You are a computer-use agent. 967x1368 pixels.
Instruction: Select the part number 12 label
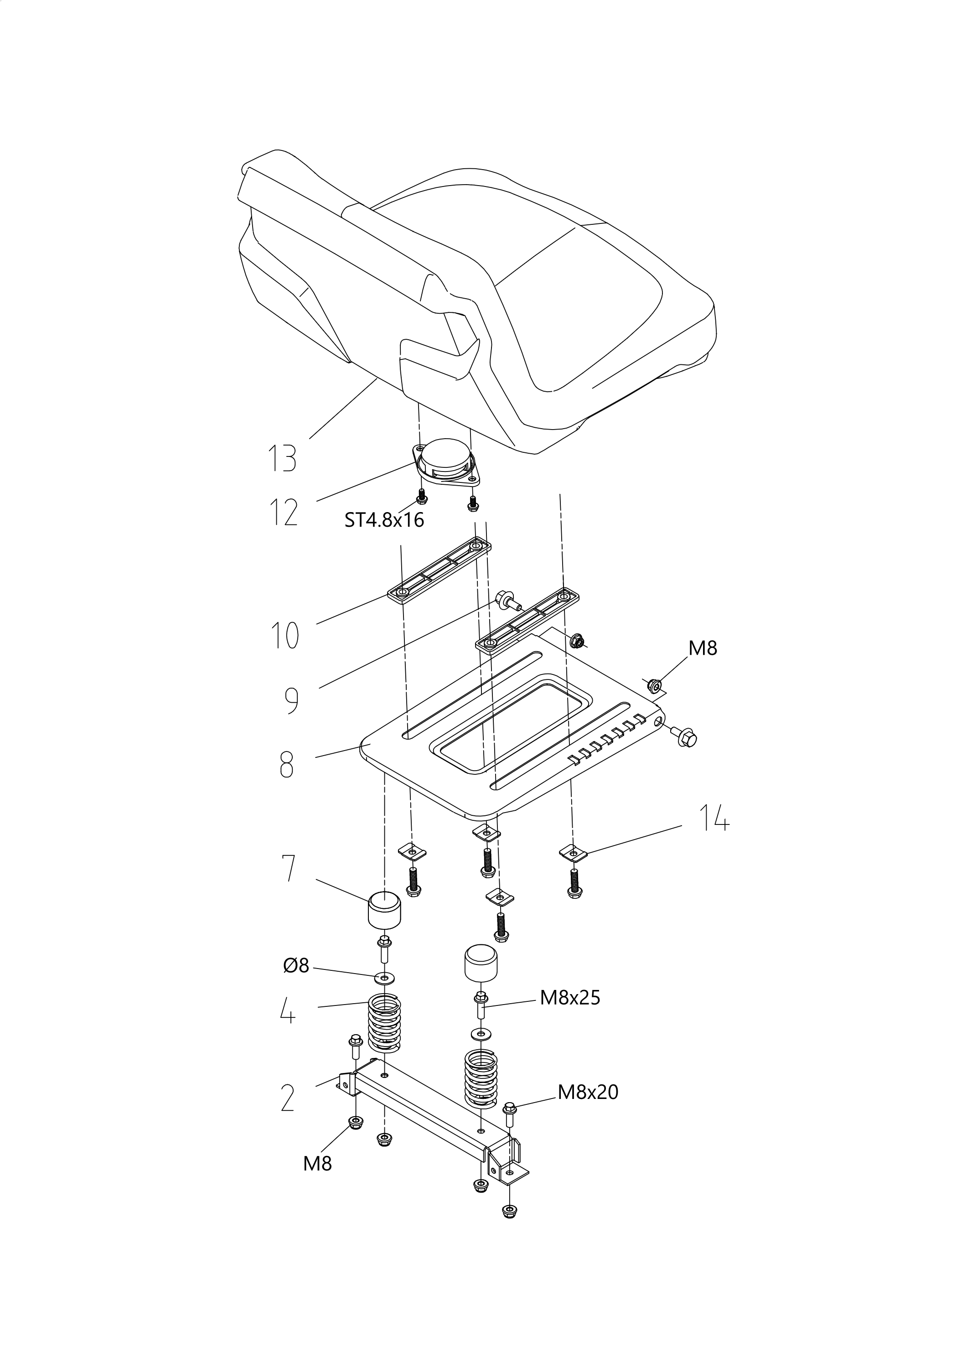[x=283, y=513]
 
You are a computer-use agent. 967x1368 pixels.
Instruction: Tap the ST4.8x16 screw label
[x=384, y=520]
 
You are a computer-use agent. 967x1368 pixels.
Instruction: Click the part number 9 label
[x=291, y=700]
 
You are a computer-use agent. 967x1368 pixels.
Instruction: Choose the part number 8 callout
[x=287, y=764]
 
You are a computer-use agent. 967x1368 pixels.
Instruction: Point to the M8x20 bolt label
[x=588, y=1092]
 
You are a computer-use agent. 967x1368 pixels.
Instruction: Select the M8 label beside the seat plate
[x=703, y=648]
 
